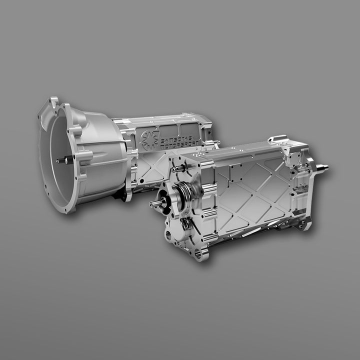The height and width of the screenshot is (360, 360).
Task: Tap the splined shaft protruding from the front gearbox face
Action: (156, 203)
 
